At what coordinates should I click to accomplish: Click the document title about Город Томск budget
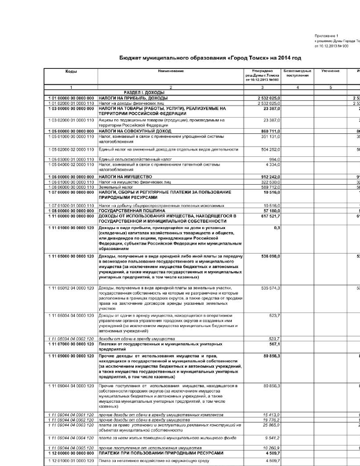click(x=210, y=58)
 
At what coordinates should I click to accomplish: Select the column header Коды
click(x=71, y=71)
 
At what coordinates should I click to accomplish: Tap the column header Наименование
click(x=171, y=71)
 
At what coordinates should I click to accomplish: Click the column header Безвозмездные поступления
click(x=297, y=73)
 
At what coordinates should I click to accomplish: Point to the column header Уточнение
click(x=330, y=71)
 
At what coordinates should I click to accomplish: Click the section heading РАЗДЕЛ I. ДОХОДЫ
click(x=144, y=93)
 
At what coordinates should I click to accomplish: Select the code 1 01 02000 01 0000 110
click(x=71, y=103)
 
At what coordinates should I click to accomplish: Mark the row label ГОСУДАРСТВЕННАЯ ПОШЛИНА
click(x=132, y=211)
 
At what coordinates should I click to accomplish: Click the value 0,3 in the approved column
click(x=277, y=228)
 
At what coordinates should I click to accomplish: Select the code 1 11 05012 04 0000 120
click(x=71, y=288)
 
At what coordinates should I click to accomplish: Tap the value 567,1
click(x=274, y=344)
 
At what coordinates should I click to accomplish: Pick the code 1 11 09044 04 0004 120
click(x=71, y=438)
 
